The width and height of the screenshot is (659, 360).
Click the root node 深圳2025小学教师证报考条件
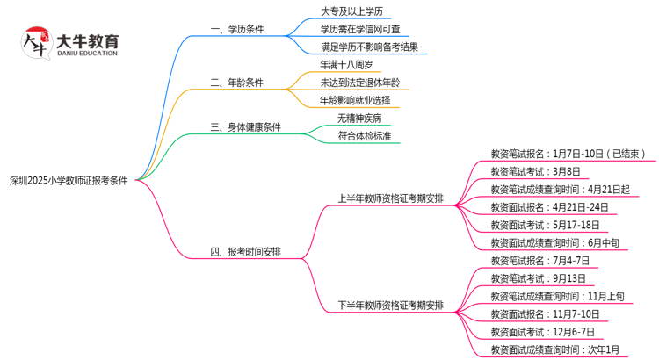pyautogui.click(x=68, y=180)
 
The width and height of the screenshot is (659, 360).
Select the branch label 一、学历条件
pyautogui.click(x=237, y=30)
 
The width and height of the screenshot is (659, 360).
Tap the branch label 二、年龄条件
pyautogui.click(x=237, y=83)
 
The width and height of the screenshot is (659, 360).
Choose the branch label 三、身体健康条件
pyautogui.click(x=246, y=127)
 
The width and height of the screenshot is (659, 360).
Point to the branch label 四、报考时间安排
pyautogui.click(x=246, y=252)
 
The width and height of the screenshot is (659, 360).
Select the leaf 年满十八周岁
pyautogui.click(x=351, y=66)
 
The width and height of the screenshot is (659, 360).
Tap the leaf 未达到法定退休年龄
pyautogui.click(x=360, y=83)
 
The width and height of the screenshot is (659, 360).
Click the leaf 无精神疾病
pyautogui.click(x=359, y=119)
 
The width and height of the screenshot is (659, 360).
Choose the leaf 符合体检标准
pyautogui.click(x=365, y=136)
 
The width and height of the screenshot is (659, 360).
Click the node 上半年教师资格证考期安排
pyautogui.click(x=390, y=198)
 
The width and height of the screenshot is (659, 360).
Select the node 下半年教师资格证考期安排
pyautogui.click(x=390, y=306)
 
